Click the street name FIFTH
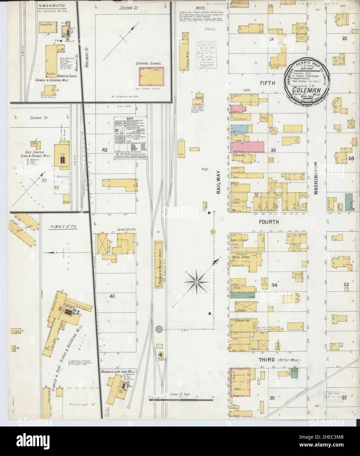[268, 83]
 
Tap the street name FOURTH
[269, 222]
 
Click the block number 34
[274, 285]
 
